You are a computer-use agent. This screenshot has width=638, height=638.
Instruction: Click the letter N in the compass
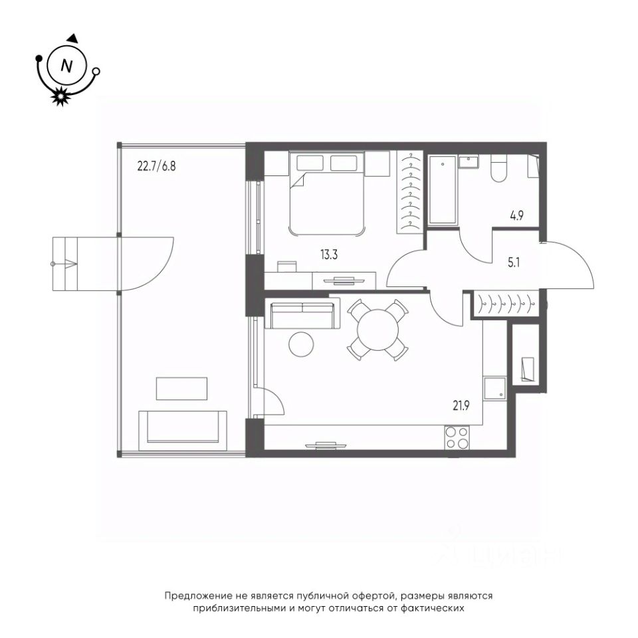tap(66, 66)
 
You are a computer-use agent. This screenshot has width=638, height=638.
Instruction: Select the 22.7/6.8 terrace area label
tap(157, 166)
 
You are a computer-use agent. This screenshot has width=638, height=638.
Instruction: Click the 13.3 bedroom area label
tap(329, 255)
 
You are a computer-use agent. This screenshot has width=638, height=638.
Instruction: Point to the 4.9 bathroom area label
tap(516, 215)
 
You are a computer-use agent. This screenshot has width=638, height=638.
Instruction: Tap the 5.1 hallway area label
tap(514, 263)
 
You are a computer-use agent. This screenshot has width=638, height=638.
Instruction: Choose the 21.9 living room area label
tap(461, 405)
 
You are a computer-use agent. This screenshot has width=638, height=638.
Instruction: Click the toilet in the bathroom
tap(498, 167)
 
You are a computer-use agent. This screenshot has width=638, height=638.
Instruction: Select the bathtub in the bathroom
tap(443, 189)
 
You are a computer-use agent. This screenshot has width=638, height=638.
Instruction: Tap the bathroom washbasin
tap(469, 161)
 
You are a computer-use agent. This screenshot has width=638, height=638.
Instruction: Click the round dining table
tap(378, 330)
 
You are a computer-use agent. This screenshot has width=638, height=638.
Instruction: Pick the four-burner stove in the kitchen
tap(457, 437)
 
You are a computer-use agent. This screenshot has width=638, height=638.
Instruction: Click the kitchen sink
tap(494, 387)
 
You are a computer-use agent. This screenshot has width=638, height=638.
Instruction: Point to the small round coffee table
tap(302, 344)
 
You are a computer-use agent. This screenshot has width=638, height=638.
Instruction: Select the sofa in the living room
tap(302, 313)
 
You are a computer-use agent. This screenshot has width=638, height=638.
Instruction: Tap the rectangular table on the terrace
tap(181, 389)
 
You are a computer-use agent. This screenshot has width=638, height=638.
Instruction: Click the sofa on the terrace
tap(183, 431)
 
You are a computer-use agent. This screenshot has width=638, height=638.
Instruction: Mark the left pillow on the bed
tap(310, 163)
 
